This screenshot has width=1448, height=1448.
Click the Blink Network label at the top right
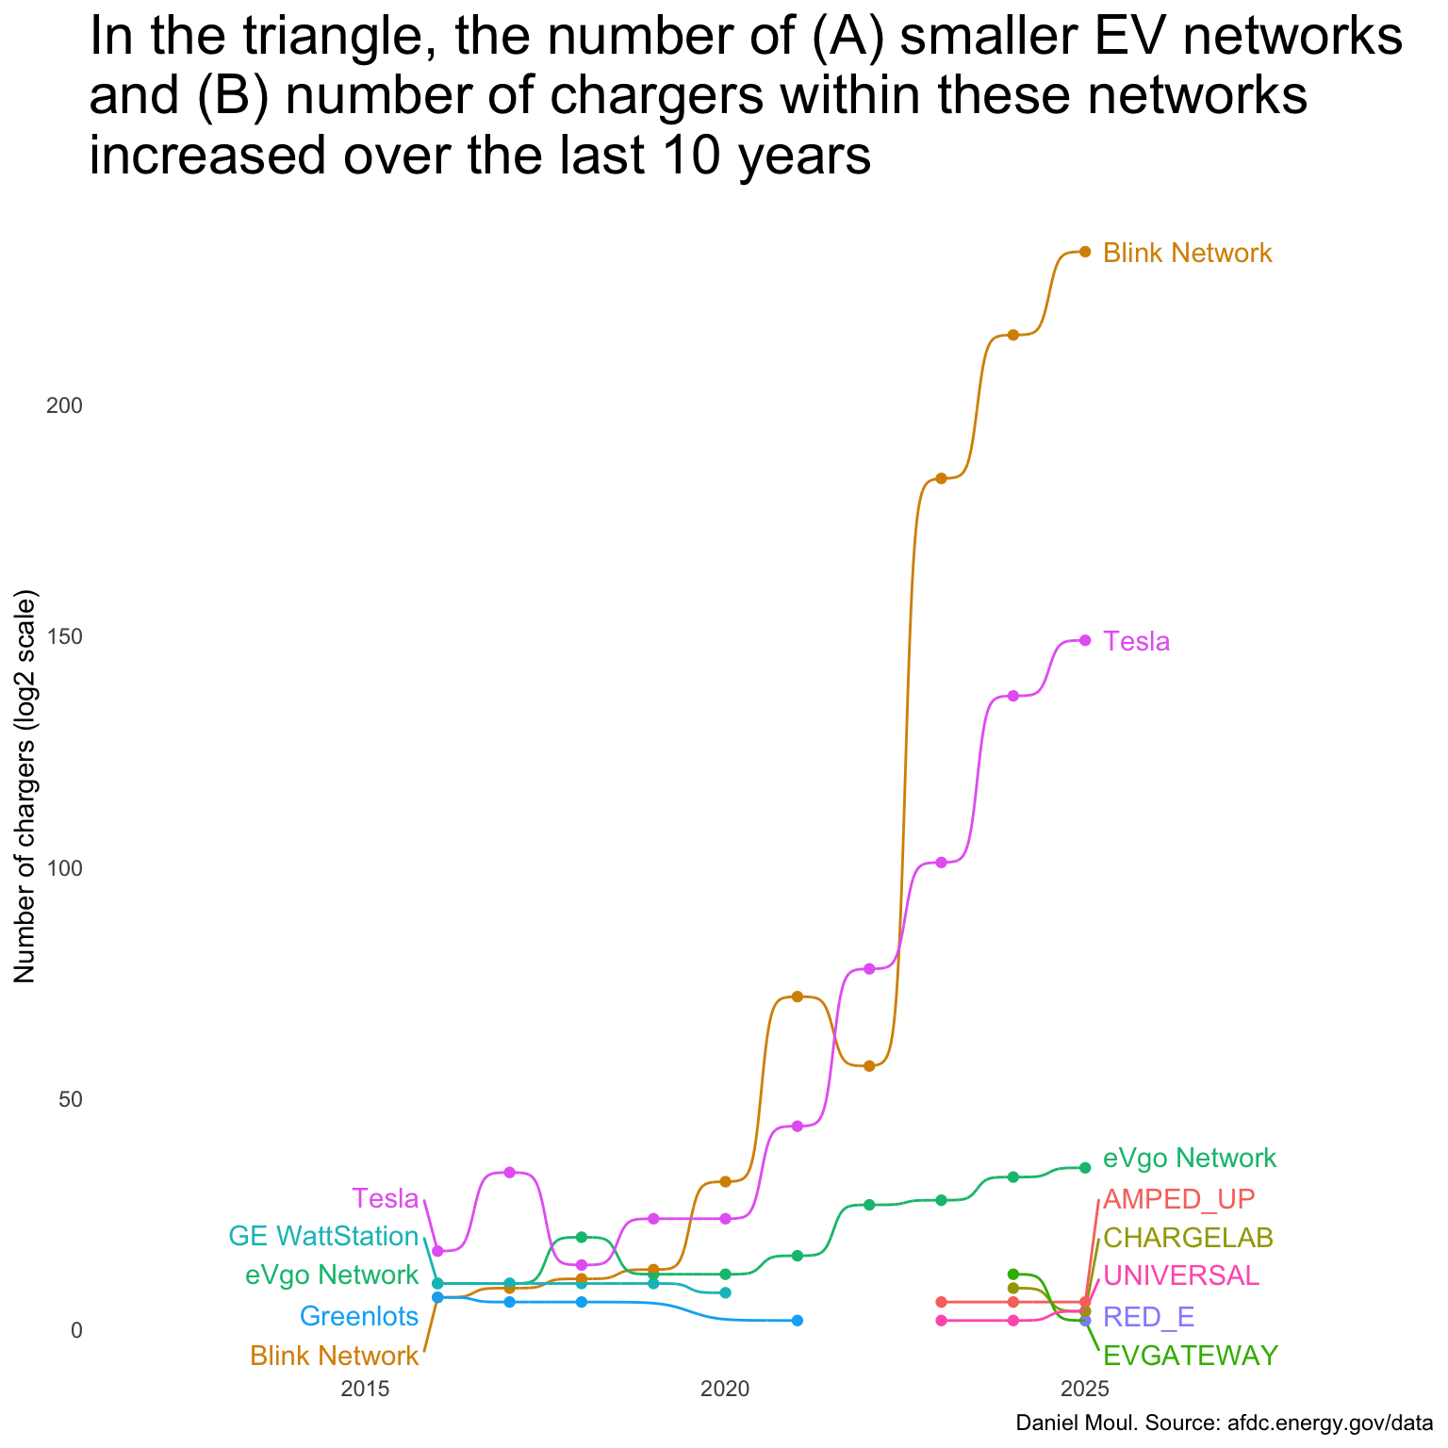1187,254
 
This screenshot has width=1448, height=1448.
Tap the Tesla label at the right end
1136,642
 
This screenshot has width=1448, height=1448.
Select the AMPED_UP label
1178,1200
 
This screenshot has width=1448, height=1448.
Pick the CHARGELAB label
1188,1238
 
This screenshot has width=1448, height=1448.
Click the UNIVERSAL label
1180,1276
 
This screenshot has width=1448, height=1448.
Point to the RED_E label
1148,1317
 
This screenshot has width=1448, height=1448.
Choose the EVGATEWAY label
1190,1357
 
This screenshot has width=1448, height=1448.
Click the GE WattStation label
323,1237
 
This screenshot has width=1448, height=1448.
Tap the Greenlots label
358,1317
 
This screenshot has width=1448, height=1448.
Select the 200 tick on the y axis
65,406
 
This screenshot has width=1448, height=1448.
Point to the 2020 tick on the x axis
724,1389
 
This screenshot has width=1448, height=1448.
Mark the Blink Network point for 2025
1085,252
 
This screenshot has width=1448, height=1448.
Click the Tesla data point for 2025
1085,640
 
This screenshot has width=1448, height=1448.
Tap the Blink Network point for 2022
869,1066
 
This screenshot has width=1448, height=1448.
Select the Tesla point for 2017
509,1173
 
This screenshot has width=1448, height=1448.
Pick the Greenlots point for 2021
797,1321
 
